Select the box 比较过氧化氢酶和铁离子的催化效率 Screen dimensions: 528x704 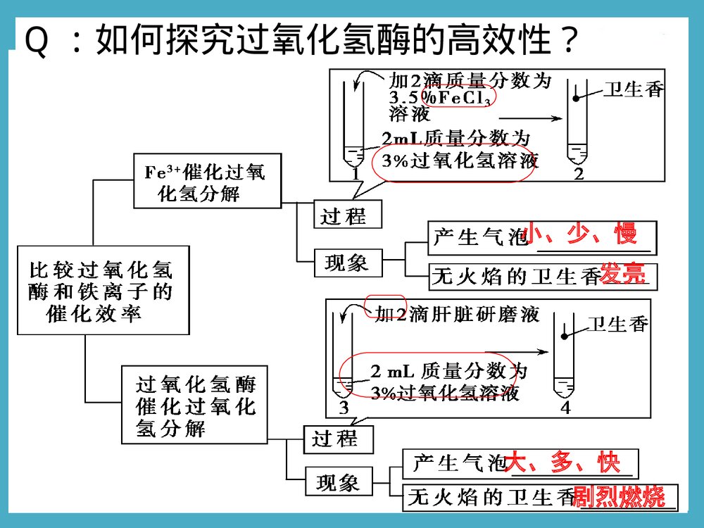pos(103,290)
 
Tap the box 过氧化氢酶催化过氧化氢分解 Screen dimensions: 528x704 pos(195,406)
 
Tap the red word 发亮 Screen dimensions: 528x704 pos(622,275)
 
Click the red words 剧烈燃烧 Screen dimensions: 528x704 pos(620,497)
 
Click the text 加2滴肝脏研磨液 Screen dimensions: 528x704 pos(457,314)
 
